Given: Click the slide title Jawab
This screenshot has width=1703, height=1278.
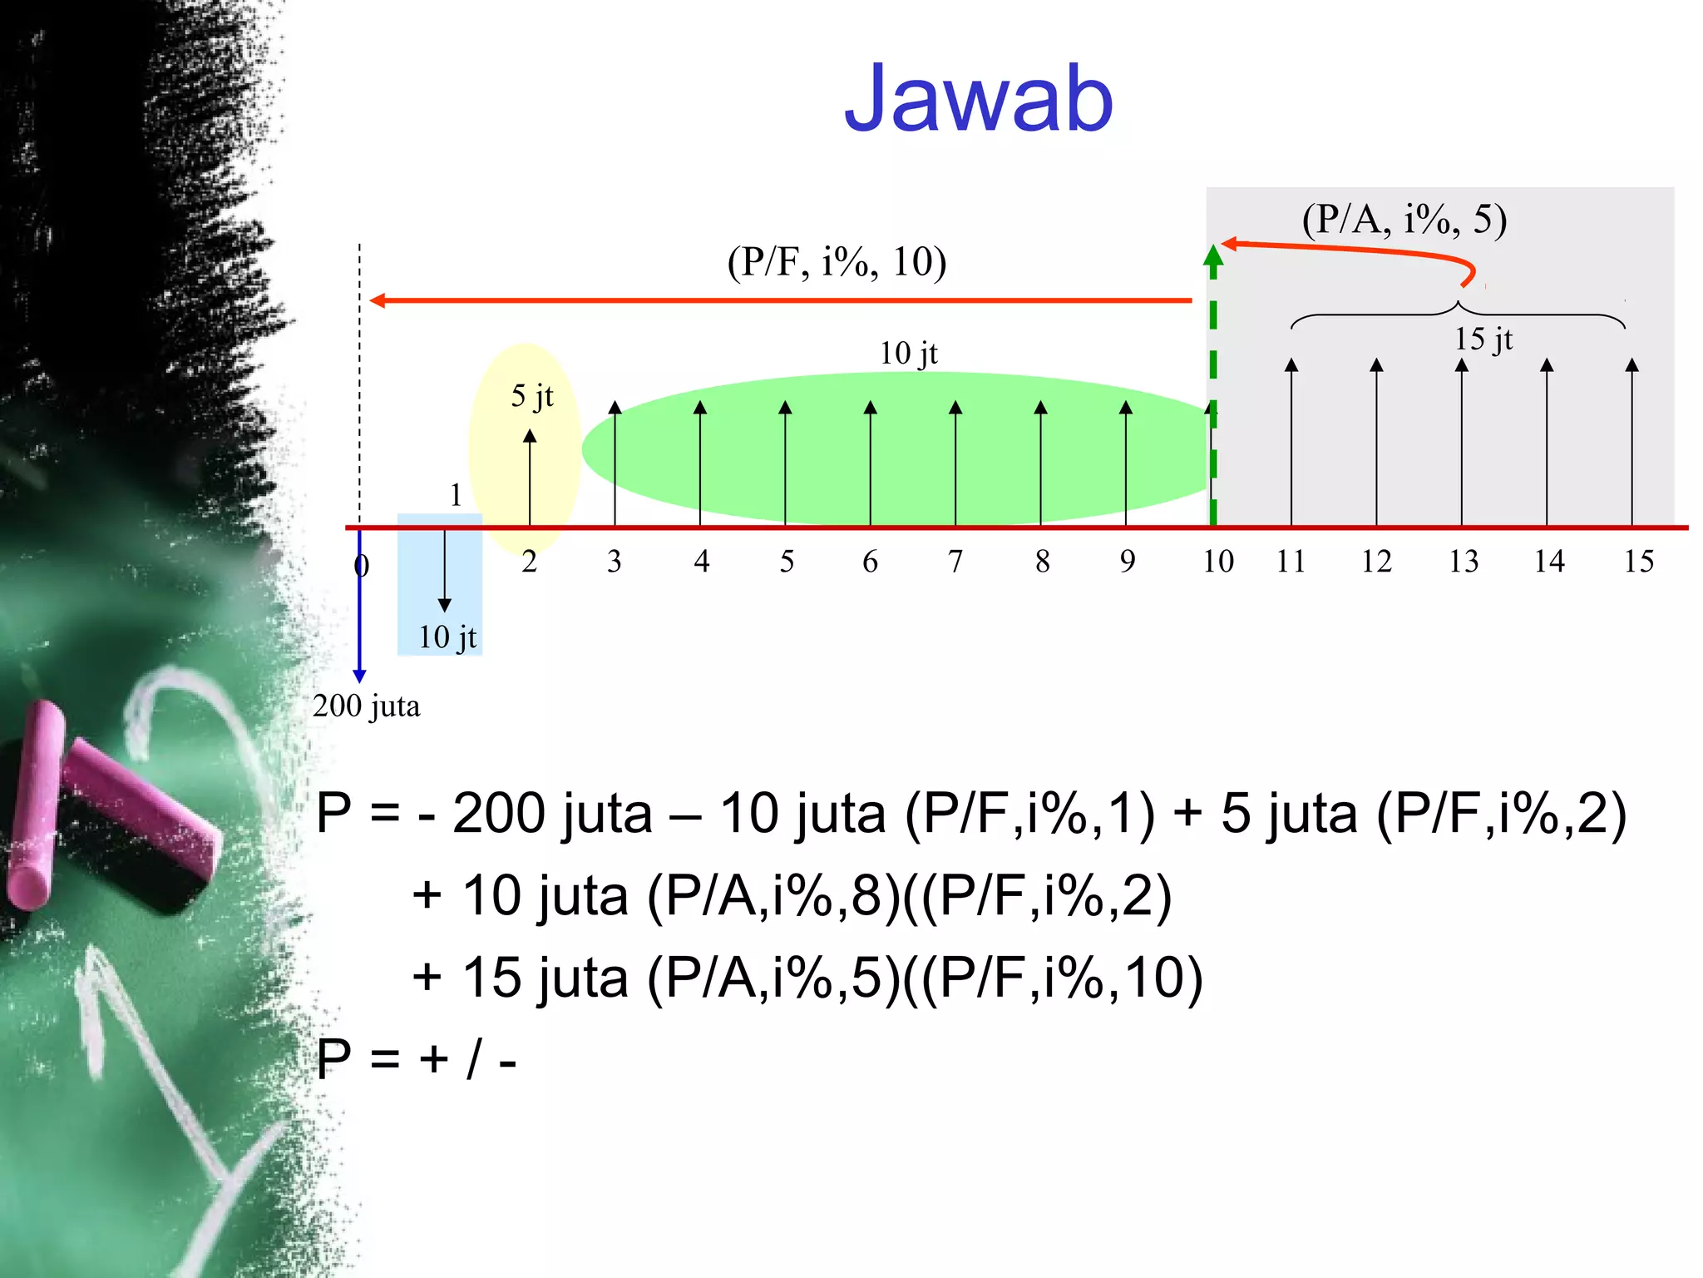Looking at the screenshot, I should coord(978,100).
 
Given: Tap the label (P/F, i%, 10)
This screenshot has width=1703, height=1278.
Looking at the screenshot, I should coord(837,262).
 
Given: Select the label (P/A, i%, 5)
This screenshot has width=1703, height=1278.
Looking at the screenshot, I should coord(1404,220).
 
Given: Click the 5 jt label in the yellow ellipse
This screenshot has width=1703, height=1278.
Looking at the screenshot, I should coord(531,396).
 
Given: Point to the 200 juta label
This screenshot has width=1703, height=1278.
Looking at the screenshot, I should coord(366,706).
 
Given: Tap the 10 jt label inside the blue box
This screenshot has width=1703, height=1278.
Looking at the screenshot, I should coord(447,637).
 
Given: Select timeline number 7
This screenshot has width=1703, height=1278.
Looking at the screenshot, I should coord(955,562).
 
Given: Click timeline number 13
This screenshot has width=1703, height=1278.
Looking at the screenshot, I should coord(1464,562).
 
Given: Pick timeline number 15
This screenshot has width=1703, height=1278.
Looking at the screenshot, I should coord(1638,562).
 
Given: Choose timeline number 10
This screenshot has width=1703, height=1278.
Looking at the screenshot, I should coord(1218,562).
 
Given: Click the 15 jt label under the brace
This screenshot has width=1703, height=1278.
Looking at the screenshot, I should coord(1483,339).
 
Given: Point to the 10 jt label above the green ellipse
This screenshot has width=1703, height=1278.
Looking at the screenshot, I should coord(908,354).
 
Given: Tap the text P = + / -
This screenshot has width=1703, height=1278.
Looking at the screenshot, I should coord(417,1059).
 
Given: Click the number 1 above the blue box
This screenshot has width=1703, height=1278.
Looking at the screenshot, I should coord(456,496).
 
